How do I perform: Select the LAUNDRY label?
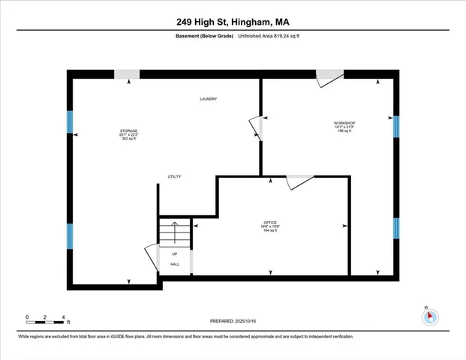209,99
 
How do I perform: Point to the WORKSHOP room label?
344,122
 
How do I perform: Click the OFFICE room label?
270,223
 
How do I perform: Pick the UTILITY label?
174,176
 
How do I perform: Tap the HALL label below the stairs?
174,264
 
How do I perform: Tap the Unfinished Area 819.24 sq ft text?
270,35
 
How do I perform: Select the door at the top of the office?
300,182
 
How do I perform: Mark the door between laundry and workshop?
256,127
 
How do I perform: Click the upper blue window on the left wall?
70,121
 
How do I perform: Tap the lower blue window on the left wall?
70,236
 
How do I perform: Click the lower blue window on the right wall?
397,228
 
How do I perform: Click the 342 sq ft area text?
128,139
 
